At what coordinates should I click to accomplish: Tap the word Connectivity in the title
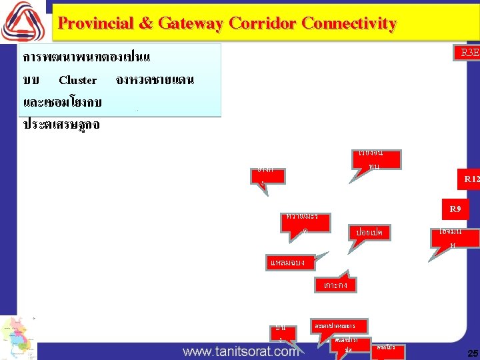pos(349,24)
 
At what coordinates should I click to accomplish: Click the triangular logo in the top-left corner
pos(23,21)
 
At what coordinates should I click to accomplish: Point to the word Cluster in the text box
pos(78,80)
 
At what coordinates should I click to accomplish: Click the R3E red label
pos(469,53)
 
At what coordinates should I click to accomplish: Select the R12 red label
pos(471,179)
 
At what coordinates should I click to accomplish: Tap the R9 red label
pos(455,209)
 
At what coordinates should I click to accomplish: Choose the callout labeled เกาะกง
pos(335,285)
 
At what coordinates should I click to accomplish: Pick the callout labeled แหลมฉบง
pos(287,263)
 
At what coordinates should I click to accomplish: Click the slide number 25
pos(473,352)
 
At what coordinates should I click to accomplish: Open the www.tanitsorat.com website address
pos(241,351)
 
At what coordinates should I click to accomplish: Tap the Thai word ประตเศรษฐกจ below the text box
pos(61,125)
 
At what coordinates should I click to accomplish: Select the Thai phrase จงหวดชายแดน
pos(155,80)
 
